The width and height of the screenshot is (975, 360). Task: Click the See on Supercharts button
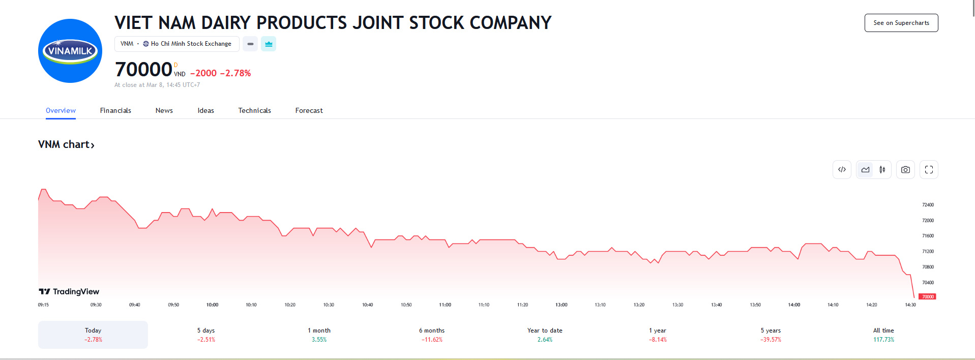pos(901,23)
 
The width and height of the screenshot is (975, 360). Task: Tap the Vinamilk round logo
pos(70,51)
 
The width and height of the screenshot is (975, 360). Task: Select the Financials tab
pos(115,110)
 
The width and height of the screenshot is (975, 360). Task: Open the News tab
pos(164,110)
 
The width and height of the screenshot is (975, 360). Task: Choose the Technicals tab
pos(254,110)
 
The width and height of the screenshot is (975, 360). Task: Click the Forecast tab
pos(309,110)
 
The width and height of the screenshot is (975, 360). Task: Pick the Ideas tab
pos(205,110)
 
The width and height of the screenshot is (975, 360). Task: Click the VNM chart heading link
pos(66,144)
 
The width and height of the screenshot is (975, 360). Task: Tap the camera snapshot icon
pos(905,170)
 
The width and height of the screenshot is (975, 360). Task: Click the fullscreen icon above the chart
pos(929,170)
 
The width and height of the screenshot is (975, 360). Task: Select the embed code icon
pos(842,170)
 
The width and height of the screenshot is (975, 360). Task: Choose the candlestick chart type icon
pos(882,170)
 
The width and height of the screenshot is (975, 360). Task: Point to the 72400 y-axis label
pos(928,205)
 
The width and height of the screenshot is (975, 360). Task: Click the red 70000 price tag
pos(927,296)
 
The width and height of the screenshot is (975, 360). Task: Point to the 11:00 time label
pos(445,305)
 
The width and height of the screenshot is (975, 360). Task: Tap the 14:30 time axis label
pos(910,305)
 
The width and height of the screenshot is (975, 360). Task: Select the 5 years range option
pos(771,335)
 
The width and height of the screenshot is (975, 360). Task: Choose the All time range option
pos(883,335)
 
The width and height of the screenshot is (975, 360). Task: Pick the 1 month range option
pos(319,335)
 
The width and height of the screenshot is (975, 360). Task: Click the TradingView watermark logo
pos(69,291)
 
